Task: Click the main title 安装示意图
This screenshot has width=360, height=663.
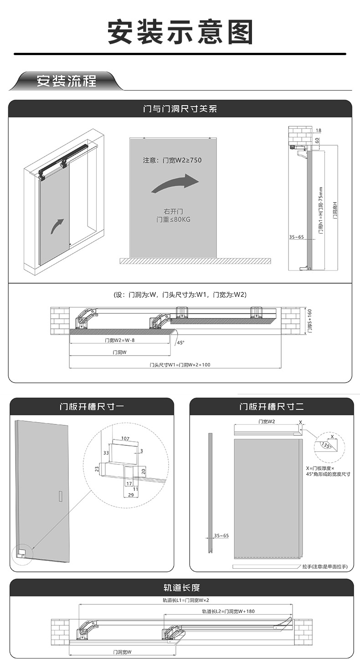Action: click(x=180, y=32)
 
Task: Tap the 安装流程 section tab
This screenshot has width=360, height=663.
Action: click(x=67, y=82)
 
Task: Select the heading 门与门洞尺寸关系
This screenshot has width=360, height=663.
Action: click(x=180, y=109)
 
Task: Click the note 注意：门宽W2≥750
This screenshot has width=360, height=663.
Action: click(x=172, y=160)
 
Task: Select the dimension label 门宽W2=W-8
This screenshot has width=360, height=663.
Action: click(x=119, y=340)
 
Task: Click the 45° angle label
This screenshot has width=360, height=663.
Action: click(x=181, y=343)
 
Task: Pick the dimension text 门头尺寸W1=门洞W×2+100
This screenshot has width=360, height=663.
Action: click(x=180, y=365)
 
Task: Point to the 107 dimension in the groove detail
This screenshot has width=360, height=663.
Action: click(x=125, y=439)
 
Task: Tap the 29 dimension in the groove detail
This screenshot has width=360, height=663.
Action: click(x=131, y=495)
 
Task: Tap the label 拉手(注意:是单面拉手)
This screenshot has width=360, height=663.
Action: click(x=324, y=567)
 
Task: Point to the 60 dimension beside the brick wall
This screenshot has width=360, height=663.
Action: click(x=318, y=140)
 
